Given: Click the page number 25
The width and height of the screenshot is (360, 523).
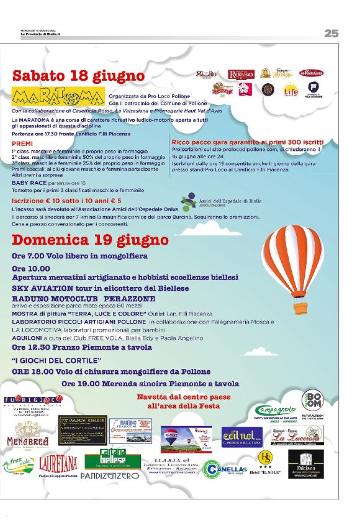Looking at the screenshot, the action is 331,34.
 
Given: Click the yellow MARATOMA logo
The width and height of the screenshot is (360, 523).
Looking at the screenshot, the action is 57,98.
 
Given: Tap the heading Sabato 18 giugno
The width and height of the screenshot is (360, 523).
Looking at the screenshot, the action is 78,76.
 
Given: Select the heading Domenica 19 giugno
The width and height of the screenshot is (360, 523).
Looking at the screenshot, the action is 90,240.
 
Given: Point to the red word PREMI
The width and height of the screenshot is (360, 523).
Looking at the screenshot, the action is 22,143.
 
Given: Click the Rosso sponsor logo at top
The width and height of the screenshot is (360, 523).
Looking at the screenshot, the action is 241,74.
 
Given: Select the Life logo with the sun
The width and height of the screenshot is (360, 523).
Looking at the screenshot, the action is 290,89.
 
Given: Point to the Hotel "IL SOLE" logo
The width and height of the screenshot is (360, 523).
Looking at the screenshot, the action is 265,463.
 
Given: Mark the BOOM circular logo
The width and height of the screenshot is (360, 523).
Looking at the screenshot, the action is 312,399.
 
